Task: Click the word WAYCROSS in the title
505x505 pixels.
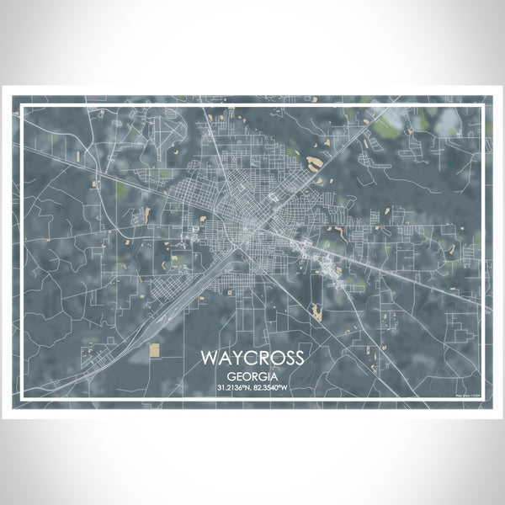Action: [x=252, y=358]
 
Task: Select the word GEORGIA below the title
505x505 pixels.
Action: [x=252, y=375]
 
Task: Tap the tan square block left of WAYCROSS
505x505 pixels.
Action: [x=154, y=348]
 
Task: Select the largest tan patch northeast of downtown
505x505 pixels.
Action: [x=316, y=162]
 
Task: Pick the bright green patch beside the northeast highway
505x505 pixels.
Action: [x=385, y=128]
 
